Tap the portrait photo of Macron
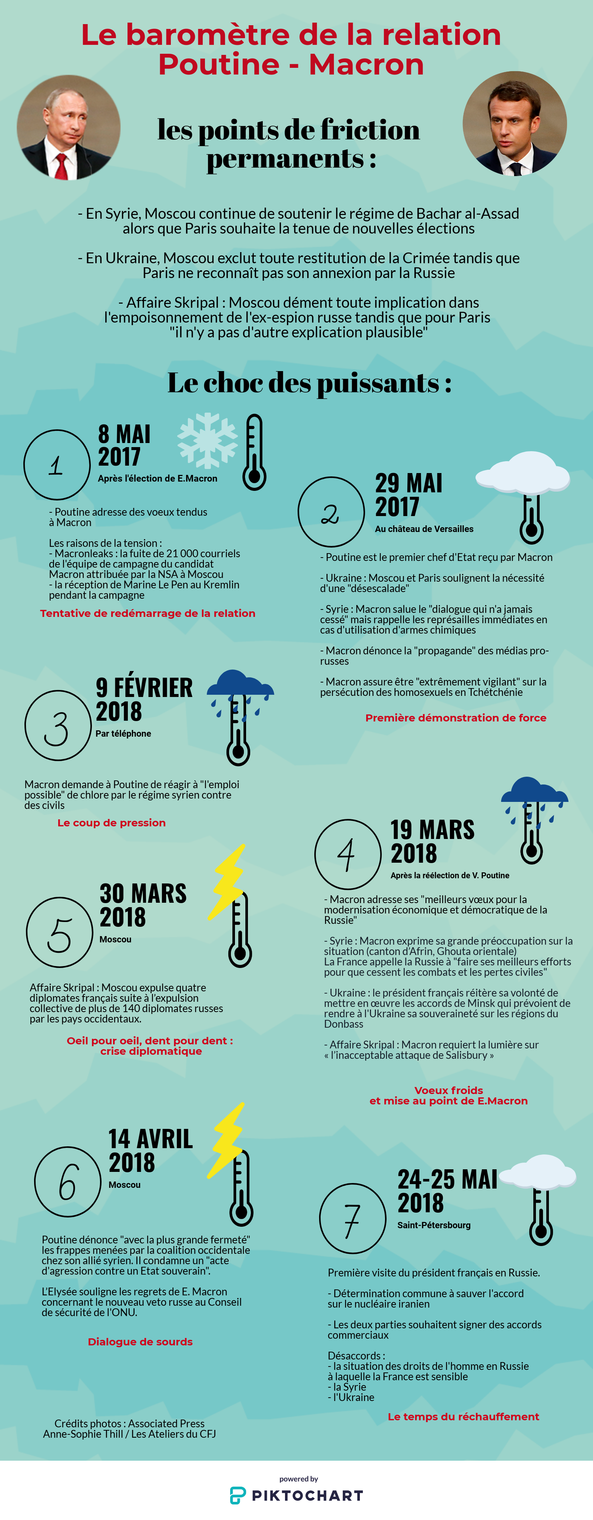pyautogui.click(x=514, y=123)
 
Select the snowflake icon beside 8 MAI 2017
pyautogui.click(x=207, y=440)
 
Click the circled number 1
pyautogui.click(x=57, y=465)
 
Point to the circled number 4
pyautogui.click(x=348, y=854)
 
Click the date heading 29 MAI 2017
pyautogui.click(x=408, y=495)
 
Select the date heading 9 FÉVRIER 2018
pyautogui.click(x=144, y=699)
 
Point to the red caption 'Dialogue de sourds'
pyautogui.click(x=140, y=1341)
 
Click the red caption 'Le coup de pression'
pyautogui.click(x=112, y=823)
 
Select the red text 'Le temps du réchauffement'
pyautogui.click(x=463, y=1416)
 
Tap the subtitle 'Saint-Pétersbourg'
pyautogui.click(x=434, y=1225)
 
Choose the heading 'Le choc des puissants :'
pyautogui.click(x=309, y=383)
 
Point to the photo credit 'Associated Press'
pyautogui.click(x=166, y=1423)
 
